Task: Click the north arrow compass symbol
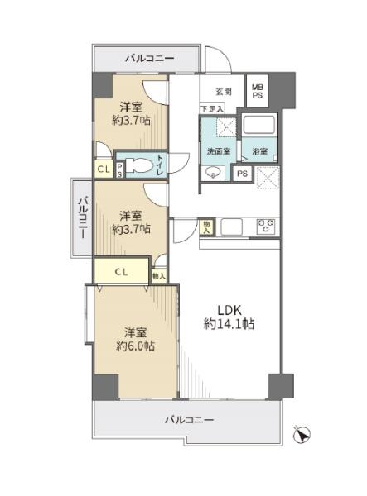[302, 435]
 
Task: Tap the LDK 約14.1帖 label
[229, 317]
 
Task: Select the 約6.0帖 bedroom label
[135, 340]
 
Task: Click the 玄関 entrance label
[224, 92]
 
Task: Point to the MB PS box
[258, 91]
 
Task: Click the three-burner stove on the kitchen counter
[266, 227]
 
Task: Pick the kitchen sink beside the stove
[231, 227]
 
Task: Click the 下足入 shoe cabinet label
[212, 109]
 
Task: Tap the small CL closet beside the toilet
[104, 169]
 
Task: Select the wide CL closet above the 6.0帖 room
[122, 271]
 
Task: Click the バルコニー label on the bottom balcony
[189, 420]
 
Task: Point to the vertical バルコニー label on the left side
[83, 218]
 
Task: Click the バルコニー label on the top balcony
[150, 59]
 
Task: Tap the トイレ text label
[161, 165]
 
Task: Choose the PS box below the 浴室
[243, 174]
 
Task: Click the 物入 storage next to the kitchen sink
[206, 227]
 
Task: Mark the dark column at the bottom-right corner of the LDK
[281, 386]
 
